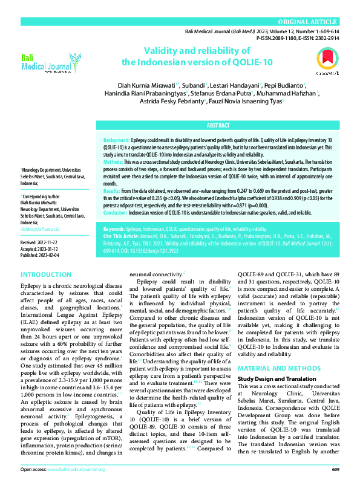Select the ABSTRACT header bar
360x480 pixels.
click(x=218, y=125)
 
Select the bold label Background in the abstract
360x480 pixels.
click(x=117, y=140)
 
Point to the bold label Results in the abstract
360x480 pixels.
click(x=112, y=173)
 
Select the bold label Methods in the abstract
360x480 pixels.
click(x=114, y=162)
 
